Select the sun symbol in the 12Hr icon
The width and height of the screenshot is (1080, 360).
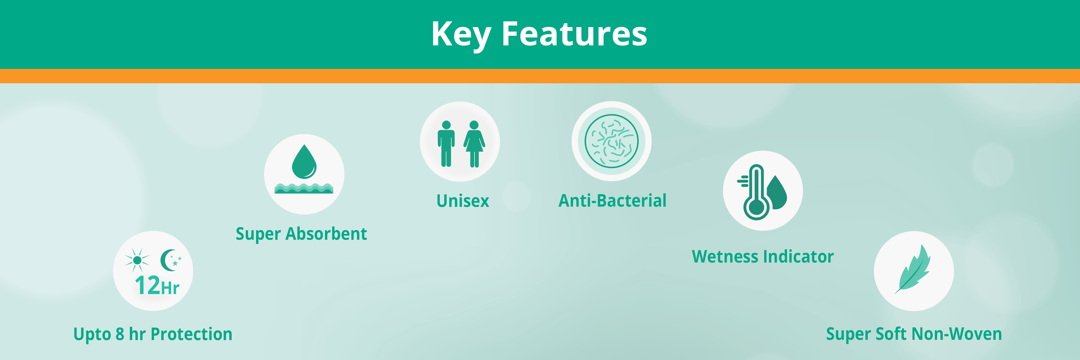click(x=137, y=260)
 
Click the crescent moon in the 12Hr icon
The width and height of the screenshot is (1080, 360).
click(x=168, y=260)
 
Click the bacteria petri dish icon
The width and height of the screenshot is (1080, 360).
click(x=612, y=141)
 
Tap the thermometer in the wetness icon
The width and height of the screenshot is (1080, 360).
click(x=756, y=192)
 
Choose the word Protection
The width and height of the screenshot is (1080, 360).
click(x=192, y=334)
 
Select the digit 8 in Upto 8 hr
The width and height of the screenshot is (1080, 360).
click(x=120, y=334)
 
